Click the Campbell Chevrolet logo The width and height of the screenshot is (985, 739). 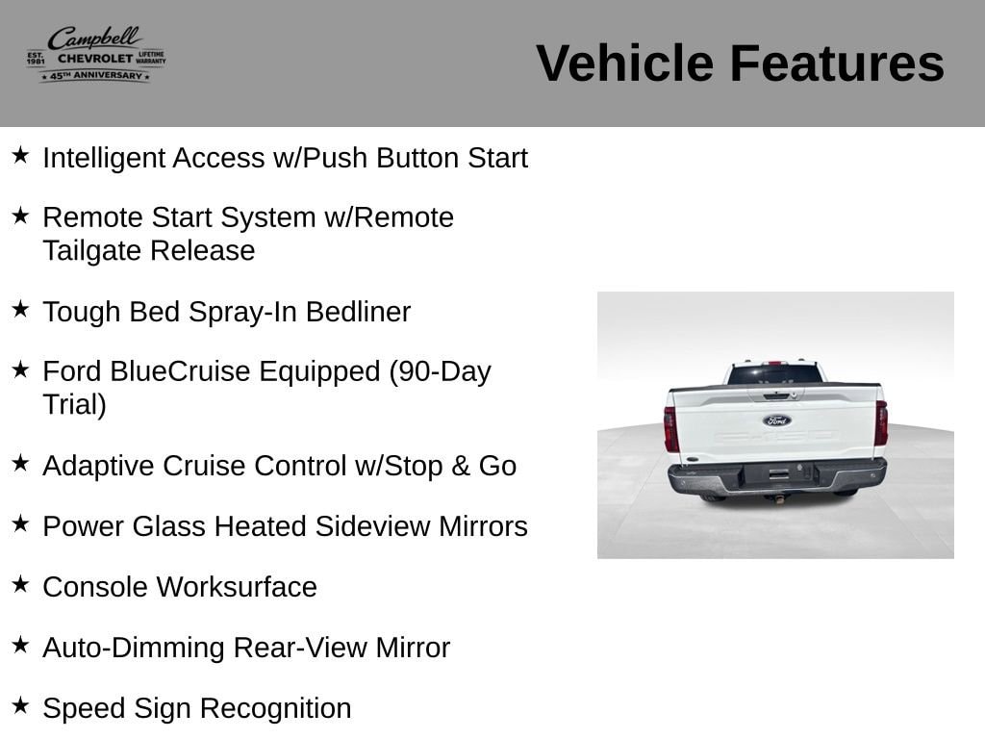point(96,55)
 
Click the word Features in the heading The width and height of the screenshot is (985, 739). point(837,64)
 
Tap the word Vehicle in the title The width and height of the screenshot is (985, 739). point(625,64)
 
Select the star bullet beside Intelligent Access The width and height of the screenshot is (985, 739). point(20,155)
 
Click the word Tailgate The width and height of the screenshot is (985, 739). point(92,251)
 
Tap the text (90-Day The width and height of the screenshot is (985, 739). point(440,371)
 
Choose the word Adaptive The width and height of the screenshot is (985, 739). point(99,467)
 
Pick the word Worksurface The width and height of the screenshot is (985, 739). point(237,587)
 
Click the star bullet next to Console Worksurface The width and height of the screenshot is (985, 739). point(20,584)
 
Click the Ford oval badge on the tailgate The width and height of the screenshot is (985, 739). point(777,420)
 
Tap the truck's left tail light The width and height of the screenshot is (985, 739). point(671,429)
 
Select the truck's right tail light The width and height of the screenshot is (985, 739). point(881,423)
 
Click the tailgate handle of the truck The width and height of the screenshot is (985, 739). point(776,395)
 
